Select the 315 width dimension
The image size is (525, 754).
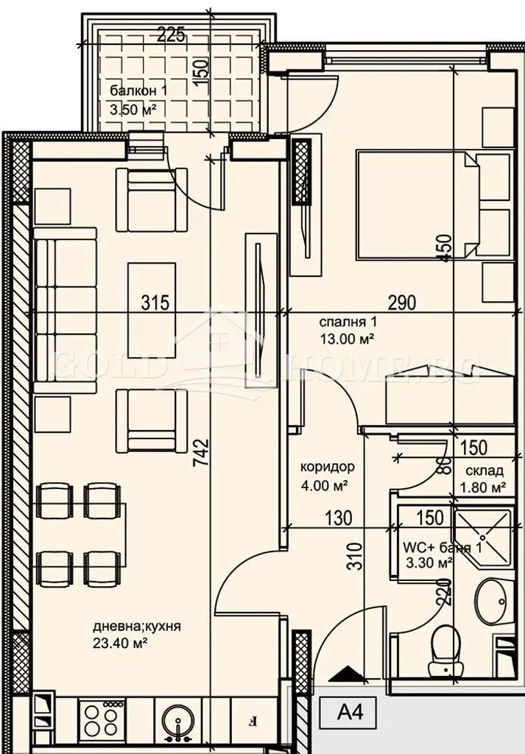(x=155, y=303)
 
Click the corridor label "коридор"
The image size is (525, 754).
(x=328, y=466)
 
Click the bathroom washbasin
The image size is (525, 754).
(x=490, y=601)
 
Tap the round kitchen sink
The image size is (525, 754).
(x=178, y=720)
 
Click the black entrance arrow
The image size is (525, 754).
(x=345, y=674)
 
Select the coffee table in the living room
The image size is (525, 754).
(x=152, y=310)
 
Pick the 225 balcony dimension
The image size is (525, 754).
(x=171, y=35)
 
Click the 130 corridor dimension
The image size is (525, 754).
(x=338, y=518)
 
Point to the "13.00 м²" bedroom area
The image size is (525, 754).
(x=347, y=339)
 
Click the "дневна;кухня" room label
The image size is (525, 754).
(x=136, y=627)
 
